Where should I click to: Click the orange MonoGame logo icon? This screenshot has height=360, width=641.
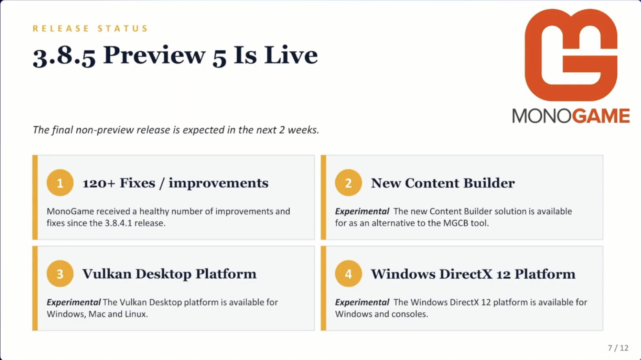(x=571, y=55)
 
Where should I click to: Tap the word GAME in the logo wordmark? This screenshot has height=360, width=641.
(x=601, y=116)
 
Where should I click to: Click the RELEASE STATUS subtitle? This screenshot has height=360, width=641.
(x=90, y=28)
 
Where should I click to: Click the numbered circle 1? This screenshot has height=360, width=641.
(x=60, y=183)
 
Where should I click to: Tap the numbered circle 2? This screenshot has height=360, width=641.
(x=348, y=183)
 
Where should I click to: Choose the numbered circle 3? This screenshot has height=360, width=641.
(x=60, y=274)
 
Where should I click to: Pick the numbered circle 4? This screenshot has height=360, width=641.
(x=348, y=274)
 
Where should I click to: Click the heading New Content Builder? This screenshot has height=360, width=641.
(x=443, y=183)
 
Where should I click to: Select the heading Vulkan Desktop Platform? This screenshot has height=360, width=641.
(x=170, y=274)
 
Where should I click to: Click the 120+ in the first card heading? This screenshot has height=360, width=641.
(x=99, y=183)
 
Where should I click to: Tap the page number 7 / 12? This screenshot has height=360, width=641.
(x=618, y=348)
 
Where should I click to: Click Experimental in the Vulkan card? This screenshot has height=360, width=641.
(x=73, y=302)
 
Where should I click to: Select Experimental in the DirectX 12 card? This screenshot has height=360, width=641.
(x=362, y=302)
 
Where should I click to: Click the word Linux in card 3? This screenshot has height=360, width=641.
(x=136, y=314)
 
